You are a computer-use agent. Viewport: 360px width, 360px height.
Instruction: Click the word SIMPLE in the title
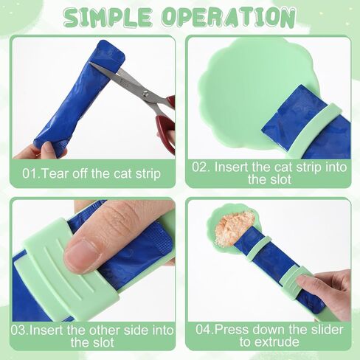point(108,18)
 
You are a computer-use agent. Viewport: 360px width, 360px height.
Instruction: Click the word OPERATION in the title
point(229,18)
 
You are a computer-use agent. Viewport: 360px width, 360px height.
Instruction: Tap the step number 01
point(31,173)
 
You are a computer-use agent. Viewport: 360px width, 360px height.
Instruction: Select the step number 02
point(201,167)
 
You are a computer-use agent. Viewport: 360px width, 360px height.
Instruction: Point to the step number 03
point(19,330)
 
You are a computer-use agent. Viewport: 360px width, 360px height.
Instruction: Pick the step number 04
point(204,330)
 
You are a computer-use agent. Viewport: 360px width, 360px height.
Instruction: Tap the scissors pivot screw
point(145,93)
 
